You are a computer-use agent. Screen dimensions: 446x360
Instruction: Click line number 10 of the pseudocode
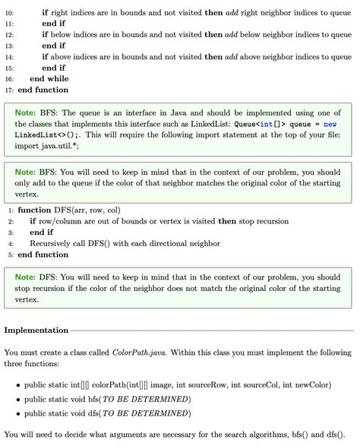pos(9,13)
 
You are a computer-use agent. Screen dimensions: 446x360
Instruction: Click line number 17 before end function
pos(9,90)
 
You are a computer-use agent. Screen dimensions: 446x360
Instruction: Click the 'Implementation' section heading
pos(36,331)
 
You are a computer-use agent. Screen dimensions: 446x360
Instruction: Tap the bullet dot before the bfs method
pos(17,400)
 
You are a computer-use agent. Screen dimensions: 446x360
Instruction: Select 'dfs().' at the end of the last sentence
pos(324,435)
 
